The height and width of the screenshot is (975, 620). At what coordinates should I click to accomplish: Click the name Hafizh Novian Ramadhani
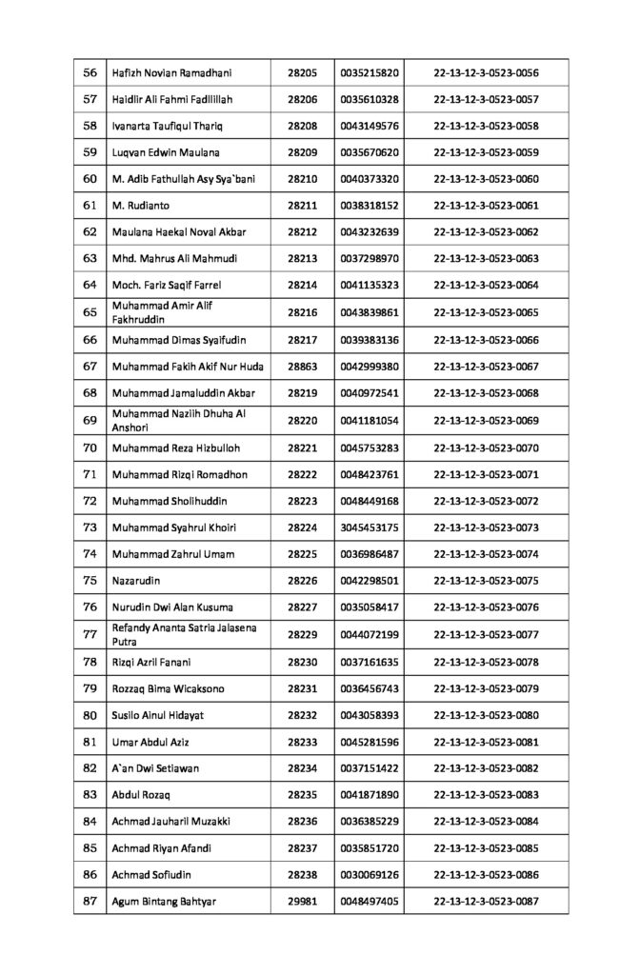[x=172, y=72]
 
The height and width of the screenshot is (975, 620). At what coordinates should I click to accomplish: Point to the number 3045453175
[x=368, y=527]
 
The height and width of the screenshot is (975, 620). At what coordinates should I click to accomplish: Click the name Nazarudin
[x=137, y=580]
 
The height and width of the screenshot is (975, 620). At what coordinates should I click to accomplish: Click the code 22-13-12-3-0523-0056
[x=486, y=72]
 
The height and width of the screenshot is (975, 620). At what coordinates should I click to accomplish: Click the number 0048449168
[x=368, y=500]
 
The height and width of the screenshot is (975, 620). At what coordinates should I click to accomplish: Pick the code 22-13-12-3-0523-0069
[x=486, y=420]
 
